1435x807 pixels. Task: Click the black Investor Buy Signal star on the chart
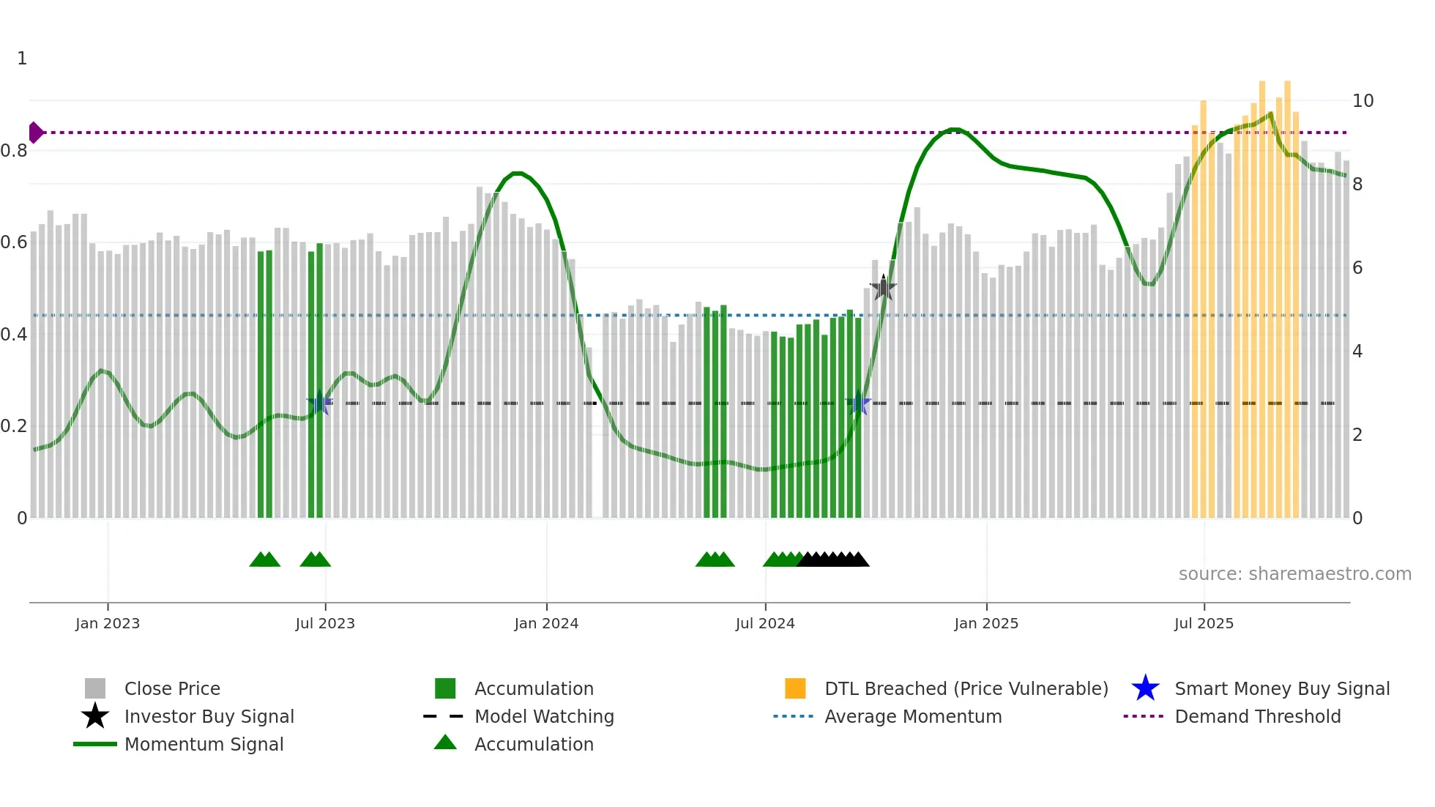click(x=883, y=288)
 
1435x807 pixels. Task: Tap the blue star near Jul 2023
click(x=319, y=403)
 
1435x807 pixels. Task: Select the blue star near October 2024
click(x=858, y=403)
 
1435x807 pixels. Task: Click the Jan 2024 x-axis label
click(x=546, y=623)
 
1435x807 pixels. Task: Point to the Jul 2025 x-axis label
click(x=1204, y=623)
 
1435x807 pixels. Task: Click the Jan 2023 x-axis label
click(x=108, y=623)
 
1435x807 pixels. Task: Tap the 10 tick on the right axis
click(x=1363, y=101)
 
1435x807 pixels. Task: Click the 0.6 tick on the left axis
click(x=14, y=242)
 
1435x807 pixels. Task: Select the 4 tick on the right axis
click(x=1357, y=352)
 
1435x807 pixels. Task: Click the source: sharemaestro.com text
click(x=1294, y=574)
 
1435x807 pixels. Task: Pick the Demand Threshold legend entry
click(x=1257, y=716)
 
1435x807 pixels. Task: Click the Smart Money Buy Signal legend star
click(x=1145, y=688)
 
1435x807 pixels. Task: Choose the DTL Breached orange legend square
click(x=795, y=688)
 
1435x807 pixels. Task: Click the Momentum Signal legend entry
click(x=204, y=744)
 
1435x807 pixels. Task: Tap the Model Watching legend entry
click(x=543, y=716)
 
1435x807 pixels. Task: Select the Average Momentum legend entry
click(x=912, y=716)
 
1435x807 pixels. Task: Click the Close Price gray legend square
click(x=95, y=688)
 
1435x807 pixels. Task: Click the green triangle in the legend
click(x=445, y=743)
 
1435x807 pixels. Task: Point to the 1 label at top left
click(x=22, y=59)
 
